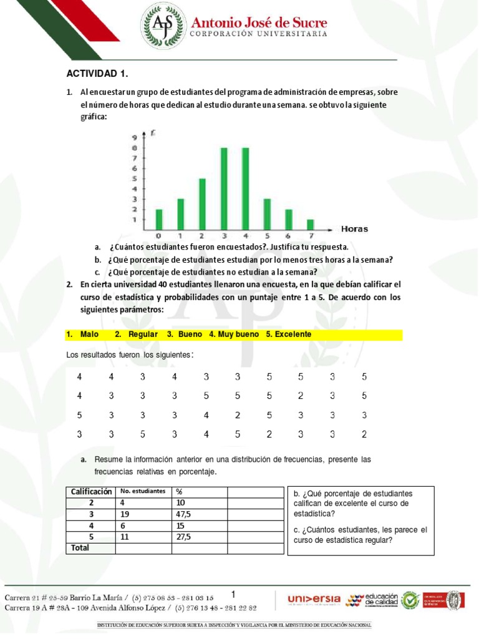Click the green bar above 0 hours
(x=159, y=219)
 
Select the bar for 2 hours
(x=202, y=204)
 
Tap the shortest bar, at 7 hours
(x=310, y=224)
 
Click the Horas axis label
(x=354, y=229)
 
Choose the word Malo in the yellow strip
(x=90, y=335)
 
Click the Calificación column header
(x=91, y=492)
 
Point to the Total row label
(x=80, y=548)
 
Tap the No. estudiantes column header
(x=143, y=492)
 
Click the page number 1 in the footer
(x=233, y=593)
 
